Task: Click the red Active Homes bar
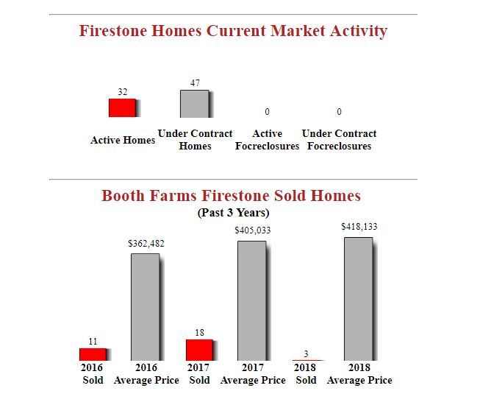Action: pyautogui.click(x=123, y=107)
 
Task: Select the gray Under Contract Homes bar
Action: pyautogui.click(x=195, y=104)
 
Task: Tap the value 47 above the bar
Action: pyautogui.click(x=195, y=83)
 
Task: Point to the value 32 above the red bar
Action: pyautogui.click(x=123, y=92)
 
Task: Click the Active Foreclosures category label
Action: pyautogui.click(x=267, y=140)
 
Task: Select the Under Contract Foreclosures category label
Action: pyautogui.click(x=339, y=140)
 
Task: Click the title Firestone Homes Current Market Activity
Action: pyautogui.click(x=233, y=31)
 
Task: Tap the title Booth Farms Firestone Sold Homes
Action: pyautogui.click(x=231, y=196)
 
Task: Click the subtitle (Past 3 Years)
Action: pyautogui.click(x=233, y=213)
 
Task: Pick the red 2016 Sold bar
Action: pyautogui.click(x=93, y=354)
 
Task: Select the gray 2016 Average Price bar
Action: pyautogui.click(x=146, y=307)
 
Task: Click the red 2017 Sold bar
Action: pyautogui.click(x=198, y=350)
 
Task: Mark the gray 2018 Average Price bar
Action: pyautogui.click(x=358, y=298)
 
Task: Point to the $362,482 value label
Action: pyautogui.click(x=146, y=243)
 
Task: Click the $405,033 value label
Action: pyautogui.click(x=253, y=230)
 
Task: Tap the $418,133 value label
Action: pyautogui.click(x=359, y=227)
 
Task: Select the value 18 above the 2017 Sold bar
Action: pyautogui.click(x=199, y=333)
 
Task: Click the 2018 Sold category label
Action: pyautogui.click(x=306, y=373)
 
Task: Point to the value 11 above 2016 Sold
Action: pyautogui.click(x=93, y=342)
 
